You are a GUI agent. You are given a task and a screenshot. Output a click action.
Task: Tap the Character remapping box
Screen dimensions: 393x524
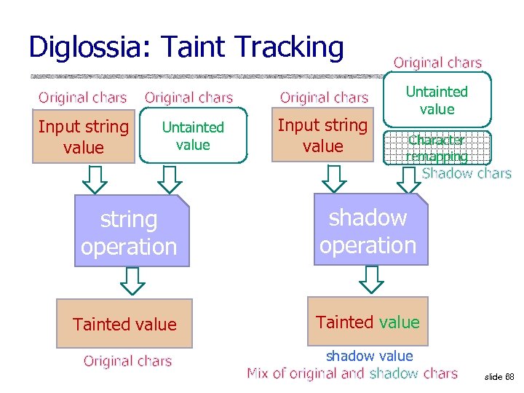point(437,148)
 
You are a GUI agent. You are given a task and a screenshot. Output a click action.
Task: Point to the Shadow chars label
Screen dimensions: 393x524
point(467,173)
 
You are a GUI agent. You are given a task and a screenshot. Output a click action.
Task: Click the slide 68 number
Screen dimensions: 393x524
point(499,377)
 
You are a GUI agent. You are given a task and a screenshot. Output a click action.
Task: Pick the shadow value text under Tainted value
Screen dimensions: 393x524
point(369,356)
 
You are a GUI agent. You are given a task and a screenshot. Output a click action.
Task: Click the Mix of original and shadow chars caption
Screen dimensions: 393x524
point(352,373)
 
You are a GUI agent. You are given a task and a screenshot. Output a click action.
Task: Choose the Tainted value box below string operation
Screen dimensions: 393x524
point(124,324)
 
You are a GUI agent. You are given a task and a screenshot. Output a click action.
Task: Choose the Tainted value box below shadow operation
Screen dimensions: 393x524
point(368,322)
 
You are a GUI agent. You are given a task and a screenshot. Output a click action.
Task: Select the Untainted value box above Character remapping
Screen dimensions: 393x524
point(437,100)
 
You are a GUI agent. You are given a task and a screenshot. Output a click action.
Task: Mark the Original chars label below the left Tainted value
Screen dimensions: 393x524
point(127,361)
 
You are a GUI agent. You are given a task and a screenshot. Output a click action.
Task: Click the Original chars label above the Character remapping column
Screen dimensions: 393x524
point(437,63)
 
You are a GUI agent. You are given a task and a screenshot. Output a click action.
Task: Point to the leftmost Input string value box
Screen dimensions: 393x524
point(83,137)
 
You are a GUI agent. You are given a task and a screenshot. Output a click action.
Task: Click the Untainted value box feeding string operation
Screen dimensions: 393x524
point(193,136)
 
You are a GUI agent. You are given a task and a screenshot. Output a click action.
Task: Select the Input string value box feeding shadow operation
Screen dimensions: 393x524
point(322,135)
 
